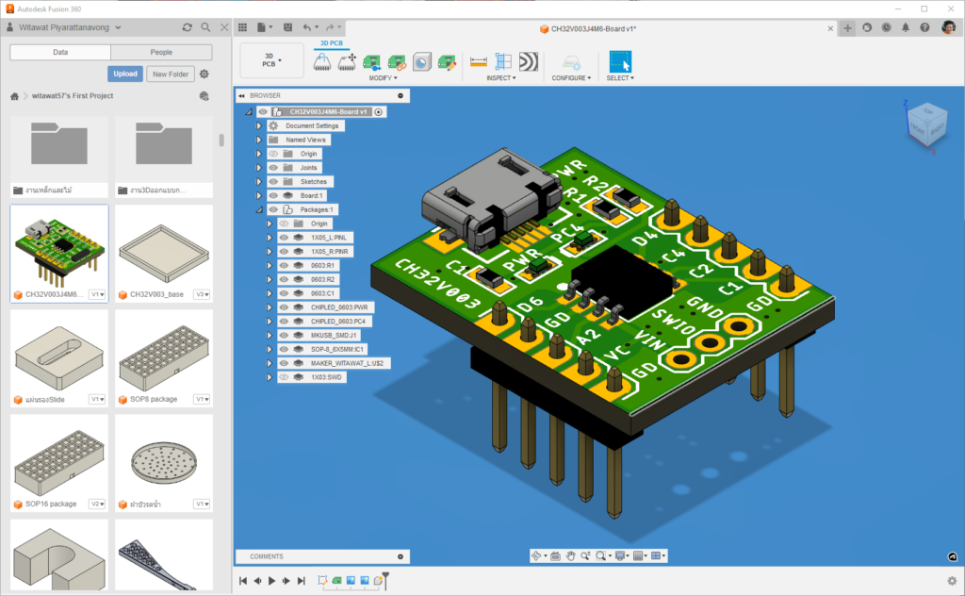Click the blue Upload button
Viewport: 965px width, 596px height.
click(124, 74)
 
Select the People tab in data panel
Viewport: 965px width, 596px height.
click(161, 53)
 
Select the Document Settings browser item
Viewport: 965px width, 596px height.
click(312, 125)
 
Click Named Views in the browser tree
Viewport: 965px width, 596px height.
click(305, 140)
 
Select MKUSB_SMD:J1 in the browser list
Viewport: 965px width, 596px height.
click(335, 335)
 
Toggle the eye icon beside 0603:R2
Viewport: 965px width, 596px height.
click(284, 279)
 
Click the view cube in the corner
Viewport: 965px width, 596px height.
click(923, 125)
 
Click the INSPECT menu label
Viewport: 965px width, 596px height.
click(500, 78)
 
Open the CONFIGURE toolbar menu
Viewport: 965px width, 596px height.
click(571, 78)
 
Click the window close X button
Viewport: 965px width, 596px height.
click(948, 8)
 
